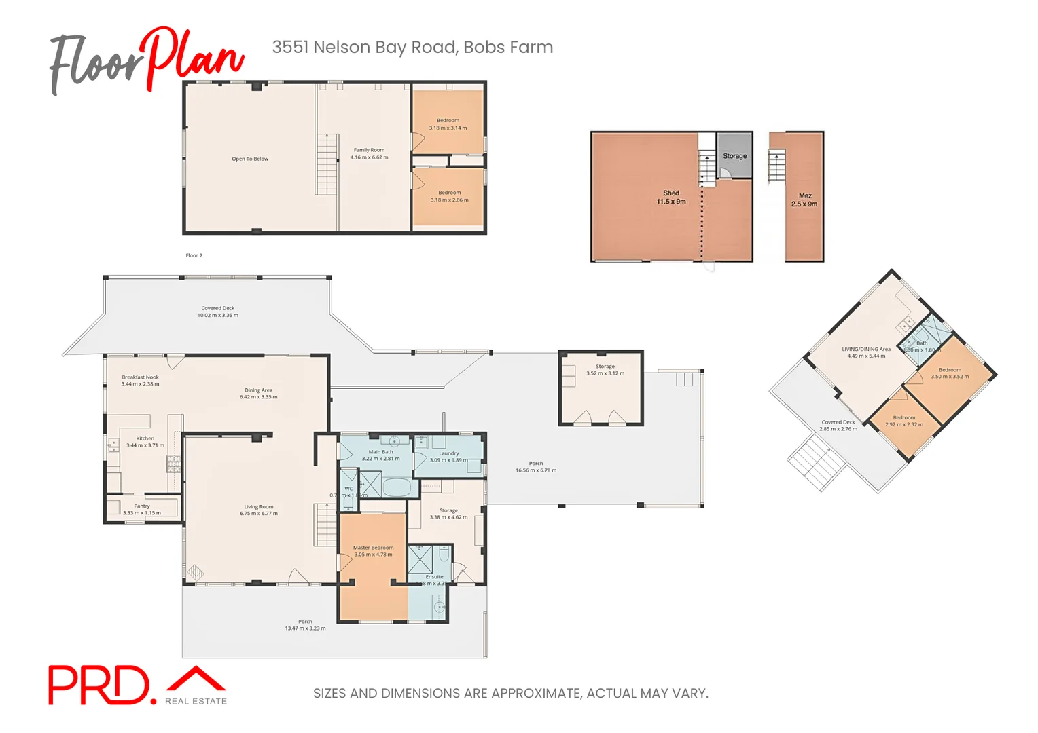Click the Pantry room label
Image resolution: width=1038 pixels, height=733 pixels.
click(142, 506)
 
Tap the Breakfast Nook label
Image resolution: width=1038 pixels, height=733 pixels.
click(141, 377)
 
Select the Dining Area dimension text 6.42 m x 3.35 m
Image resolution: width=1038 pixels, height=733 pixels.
click(258, 397)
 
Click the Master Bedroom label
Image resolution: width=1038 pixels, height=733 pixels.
click(373, 548)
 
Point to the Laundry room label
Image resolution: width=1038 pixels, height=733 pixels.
click(448, 453)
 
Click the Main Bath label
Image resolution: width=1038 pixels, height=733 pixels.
click(380, 452)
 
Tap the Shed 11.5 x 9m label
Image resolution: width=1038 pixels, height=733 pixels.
click(670, 198)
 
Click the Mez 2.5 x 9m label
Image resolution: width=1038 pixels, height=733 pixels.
click(804, 200)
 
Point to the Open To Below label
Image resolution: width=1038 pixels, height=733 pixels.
click(250, 159)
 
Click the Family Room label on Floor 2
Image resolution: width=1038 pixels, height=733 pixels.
click(369, 150)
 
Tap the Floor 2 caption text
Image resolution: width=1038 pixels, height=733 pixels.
click(194, 255)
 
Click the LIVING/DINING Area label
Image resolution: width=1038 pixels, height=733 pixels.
click(865, 349)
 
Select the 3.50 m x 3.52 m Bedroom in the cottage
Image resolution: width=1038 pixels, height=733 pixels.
click(950, 373)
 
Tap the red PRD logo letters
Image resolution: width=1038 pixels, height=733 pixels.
click(98, 685)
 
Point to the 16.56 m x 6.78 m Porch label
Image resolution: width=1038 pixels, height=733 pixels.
click(535, 467)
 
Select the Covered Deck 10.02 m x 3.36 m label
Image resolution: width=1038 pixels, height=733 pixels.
click(217, 312)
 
